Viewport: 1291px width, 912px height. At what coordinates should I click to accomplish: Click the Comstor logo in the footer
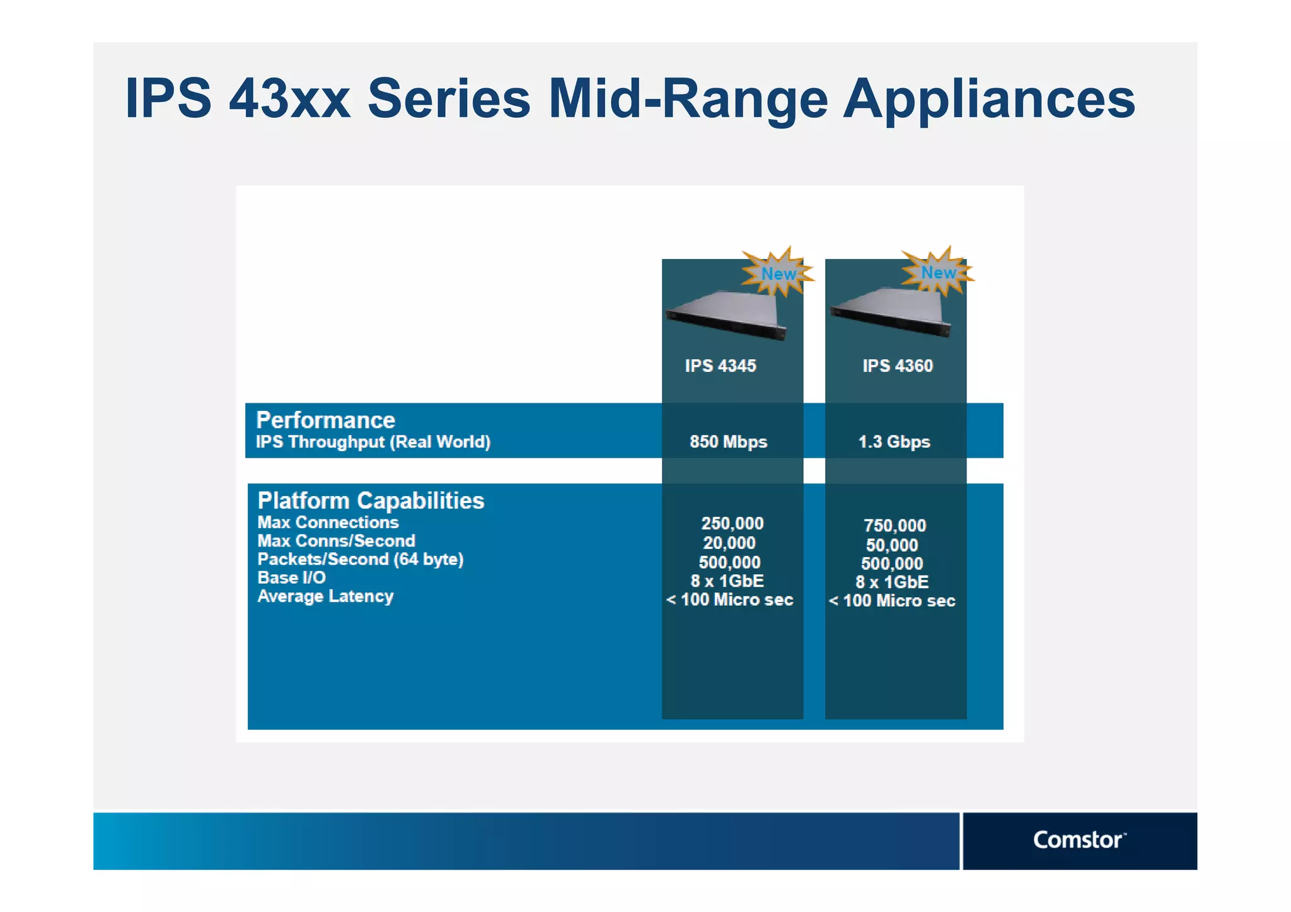pos(1079,840)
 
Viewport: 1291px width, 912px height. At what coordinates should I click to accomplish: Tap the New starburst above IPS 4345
pos(778,272)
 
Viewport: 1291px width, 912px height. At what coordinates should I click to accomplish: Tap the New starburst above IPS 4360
pos(938,272)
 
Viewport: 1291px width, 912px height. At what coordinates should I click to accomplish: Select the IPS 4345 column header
pos(721,366)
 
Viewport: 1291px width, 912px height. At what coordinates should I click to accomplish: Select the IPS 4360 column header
pos(897,366)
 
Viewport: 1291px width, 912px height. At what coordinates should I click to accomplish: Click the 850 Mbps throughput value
pos(728,441)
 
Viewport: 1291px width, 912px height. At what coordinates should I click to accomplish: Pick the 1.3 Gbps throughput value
pos(894,441)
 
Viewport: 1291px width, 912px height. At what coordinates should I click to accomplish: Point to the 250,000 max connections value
pos(732,523)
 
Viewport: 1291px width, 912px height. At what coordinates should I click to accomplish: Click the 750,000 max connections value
pos(894,525)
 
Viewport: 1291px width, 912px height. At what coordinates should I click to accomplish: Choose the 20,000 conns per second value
pos(729,543)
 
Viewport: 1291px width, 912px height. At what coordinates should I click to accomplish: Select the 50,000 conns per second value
pos(892,545)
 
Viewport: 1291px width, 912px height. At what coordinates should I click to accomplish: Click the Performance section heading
pos(325,420)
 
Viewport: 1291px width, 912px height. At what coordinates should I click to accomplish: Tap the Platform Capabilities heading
pos(371,500)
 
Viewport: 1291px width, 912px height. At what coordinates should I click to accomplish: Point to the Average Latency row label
pos(325,596)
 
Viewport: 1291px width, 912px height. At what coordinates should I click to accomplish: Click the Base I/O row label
pos(291,577)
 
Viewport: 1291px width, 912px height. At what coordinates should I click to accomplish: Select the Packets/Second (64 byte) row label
pos(360,559)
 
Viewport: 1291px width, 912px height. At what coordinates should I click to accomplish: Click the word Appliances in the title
pos(989,98)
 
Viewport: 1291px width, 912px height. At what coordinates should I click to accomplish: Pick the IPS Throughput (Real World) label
pos(373,442)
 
